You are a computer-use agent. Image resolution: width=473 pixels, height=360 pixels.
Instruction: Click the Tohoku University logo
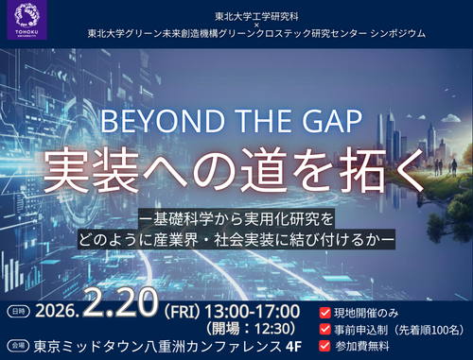point(23,22)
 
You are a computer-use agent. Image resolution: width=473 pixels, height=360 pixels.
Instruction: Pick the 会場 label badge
point(16,347)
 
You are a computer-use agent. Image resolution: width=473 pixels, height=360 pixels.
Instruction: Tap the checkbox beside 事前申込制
point(326,329)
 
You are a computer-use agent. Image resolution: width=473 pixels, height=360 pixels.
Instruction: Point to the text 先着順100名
point(428,329)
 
